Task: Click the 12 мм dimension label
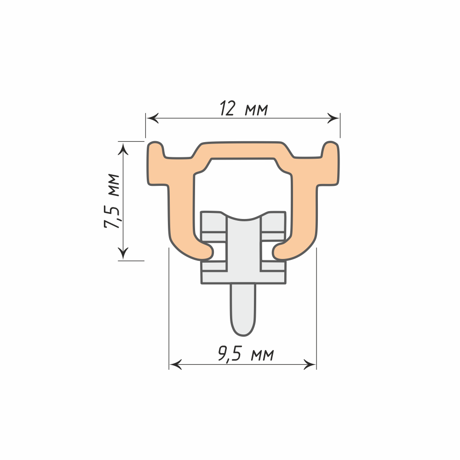244,109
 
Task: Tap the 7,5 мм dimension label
112,201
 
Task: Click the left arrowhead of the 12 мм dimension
153,118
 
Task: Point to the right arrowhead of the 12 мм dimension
333,118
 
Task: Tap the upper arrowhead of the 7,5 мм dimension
123,149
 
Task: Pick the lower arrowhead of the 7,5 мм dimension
123,253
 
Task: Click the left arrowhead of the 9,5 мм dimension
176,365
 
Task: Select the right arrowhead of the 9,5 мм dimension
310,365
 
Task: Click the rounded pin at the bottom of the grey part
243,310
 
